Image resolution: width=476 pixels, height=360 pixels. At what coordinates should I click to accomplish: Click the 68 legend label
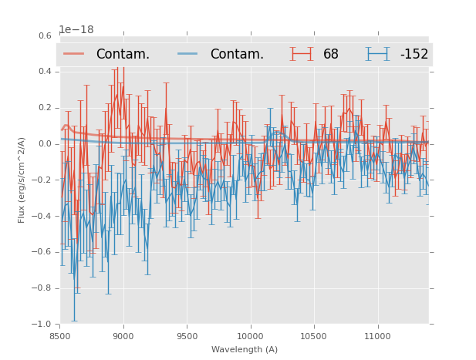click(331, 54)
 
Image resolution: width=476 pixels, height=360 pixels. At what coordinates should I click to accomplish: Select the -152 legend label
click(414, 54)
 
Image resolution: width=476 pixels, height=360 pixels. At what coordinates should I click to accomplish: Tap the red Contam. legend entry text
click(123, 54)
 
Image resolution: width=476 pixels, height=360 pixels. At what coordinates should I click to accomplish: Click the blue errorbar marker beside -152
click(377, 54)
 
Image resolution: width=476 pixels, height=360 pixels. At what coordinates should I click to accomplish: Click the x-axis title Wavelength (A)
click(245, 349)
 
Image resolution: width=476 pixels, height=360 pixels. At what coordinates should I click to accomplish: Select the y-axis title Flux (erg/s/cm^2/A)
click(22, 180)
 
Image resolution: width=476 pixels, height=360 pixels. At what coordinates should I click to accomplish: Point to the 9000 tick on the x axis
click(123, 336)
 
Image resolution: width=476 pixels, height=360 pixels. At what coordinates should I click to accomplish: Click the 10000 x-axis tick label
click(250, 336)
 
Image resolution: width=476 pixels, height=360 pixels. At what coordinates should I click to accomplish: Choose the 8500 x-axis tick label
click(60, 336)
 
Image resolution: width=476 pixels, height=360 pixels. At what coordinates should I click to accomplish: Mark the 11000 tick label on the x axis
click(376, 336)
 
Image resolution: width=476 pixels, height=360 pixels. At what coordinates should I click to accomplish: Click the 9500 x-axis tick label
click(187, 336)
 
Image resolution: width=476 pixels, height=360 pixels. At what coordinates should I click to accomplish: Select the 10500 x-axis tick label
click(313, 336)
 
